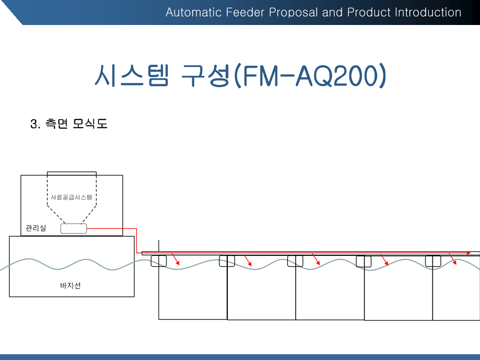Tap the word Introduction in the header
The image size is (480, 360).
(x=428, y=12)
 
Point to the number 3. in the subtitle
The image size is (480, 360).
(x=35, y=124)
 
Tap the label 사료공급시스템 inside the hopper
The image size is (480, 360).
(x=71, y=197)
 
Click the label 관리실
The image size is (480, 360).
(x=36, y=228)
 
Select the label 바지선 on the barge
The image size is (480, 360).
(x=70, y=286)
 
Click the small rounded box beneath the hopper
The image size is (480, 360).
(x=74, y=228)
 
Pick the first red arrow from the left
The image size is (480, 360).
(x=176, y=260)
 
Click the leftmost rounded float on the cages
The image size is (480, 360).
(x=159, y=261)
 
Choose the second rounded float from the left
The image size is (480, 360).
(x=227, y=261)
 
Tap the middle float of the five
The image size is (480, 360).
(x=295, y=261)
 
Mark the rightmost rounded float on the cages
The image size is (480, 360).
(x=433, y=261)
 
